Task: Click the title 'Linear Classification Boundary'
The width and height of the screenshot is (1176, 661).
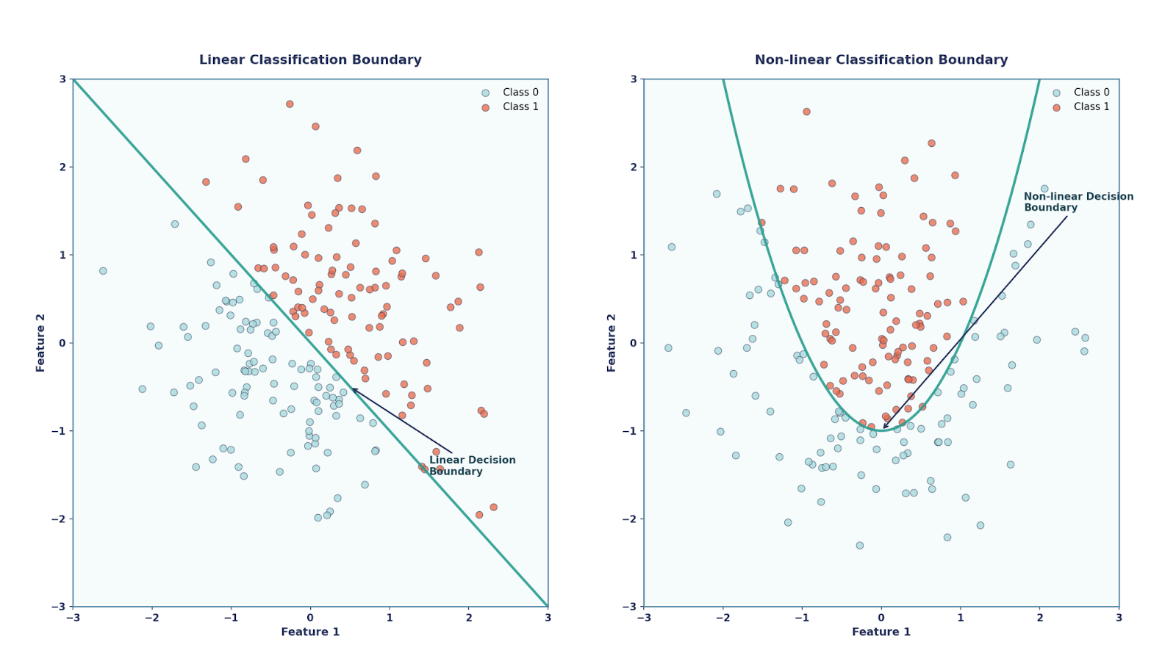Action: point(310,60)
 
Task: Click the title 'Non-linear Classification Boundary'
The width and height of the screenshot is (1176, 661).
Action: point(881,60)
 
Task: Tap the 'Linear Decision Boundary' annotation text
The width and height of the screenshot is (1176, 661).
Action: point(472,466)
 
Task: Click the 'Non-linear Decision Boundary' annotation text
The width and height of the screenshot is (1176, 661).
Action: point(1078,202)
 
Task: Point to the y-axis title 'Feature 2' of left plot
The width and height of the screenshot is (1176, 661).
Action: point(41,342)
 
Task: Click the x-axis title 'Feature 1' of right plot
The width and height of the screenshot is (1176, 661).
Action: point(881,632)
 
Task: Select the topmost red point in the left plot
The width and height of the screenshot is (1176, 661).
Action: point(290,104)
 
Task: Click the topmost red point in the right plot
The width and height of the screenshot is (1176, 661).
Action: point(806,112)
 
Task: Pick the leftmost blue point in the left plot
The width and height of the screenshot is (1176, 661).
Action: point(103,271)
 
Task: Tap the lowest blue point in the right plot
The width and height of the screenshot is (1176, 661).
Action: point(859,546)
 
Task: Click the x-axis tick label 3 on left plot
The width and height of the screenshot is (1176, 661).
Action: point(548,618)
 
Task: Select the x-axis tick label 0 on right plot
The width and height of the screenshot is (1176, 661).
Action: point(881,618)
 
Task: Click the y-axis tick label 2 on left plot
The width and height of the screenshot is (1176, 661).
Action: point(63,167)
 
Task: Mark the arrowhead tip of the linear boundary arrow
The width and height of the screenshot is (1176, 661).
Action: point(351,389)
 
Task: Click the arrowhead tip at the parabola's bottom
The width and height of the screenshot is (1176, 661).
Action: point(883,429)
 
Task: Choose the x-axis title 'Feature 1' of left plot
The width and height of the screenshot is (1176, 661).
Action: point(310,632)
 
